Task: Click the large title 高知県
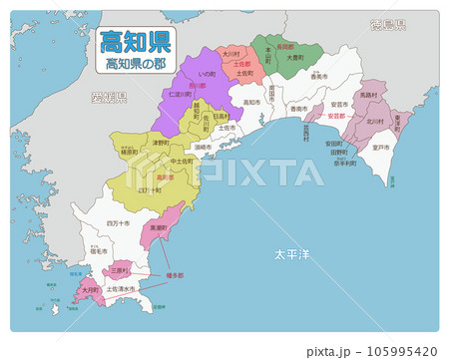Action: point(134,42)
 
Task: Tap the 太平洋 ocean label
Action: point(292,255)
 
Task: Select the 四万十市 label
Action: point(118,223)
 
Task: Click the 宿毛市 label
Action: point(98,252)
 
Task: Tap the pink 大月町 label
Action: point(90,290)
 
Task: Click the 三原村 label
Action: point(120,269)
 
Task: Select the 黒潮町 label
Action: point(157,227)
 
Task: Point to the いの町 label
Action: point(208,73)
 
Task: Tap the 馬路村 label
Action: point(367,95)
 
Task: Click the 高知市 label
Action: point(248,101)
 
